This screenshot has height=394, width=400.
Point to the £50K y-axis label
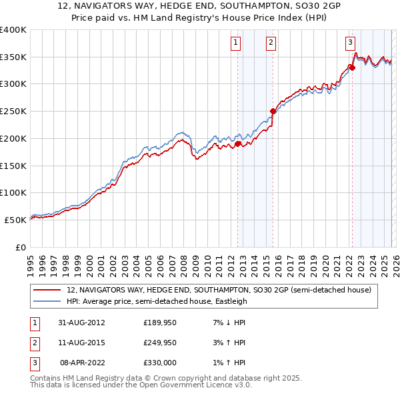(15, 219)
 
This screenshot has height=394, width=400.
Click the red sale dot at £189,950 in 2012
(237, 144)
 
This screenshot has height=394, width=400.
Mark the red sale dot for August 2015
(273, 111)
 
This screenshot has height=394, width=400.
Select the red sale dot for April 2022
(351, 67)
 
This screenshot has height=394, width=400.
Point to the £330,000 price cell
(160, 363)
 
